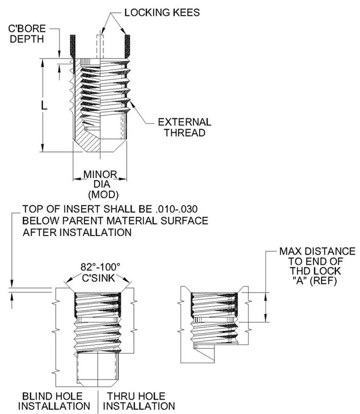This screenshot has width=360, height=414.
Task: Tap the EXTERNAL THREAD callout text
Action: (x=184, y=127)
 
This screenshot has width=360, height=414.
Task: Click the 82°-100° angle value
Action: (x=100, y=267)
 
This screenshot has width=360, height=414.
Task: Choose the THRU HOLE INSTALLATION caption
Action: (x=136, y=401)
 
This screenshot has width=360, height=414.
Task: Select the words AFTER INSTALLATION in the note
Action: (x=77, y=232)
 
